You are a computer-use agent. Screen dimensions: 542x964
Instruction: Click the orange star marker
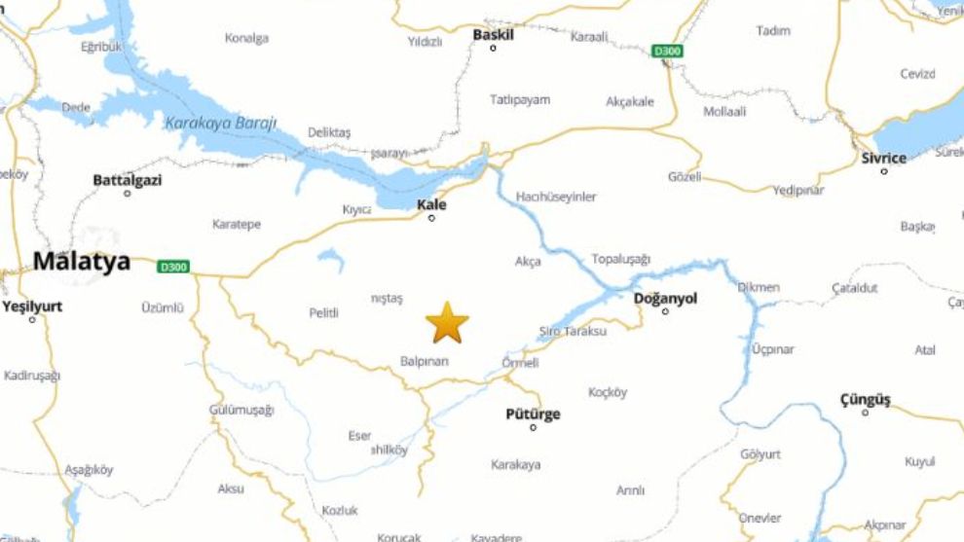[447, 322]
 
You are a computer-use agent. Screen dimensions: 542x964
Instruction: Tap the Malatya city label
[82, 261]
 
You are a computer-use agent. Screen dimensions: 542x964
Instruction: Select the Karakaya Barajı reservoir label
[221, 123]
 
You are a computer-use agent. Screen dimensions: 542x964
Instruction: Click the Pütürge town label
[533, 415]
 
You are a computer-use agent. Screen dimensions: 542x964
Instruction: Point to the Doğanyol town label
[665, 298]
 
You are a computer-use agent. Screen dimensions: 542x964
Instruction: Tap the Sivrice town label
[883, 158]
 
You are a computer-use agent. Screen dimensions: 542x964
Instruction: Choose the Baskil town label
[493, 34]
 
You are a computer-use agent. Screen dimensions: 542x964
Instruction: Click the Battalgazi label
[127, 180]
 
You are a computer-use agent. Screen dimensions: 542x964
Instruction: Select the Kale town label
[431, 204]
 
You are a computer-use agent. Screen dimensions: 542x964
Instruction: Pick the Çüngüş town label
[865, 399]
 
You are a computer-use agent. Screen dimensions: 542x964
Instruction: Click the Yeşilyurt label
[32, 306]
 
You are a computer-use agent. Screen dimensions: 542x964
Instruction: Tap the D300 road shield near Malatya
[174, 266]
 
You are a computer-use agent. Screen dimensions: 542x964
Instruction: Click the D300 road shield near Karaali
[667, 51]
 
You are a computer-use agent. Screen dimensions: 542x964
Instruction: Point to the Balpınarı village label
[425, 361]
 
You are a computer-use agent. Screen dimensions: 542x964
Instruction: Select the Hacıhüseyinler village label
[556, 197]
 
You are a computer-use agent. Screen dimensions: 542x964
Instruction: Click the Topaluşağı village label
[621, 259]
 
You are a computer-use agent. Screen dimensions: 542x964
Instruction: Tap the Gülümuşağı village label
[241, 411]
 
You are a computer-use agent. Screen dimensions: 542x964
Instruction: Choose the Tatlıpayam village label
[520, 99]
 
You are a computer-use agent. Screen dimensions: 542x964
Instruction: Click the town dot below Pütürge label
[533, 428]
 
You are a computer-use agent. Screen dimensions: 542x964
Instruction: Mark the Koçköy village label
[608, 392]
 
